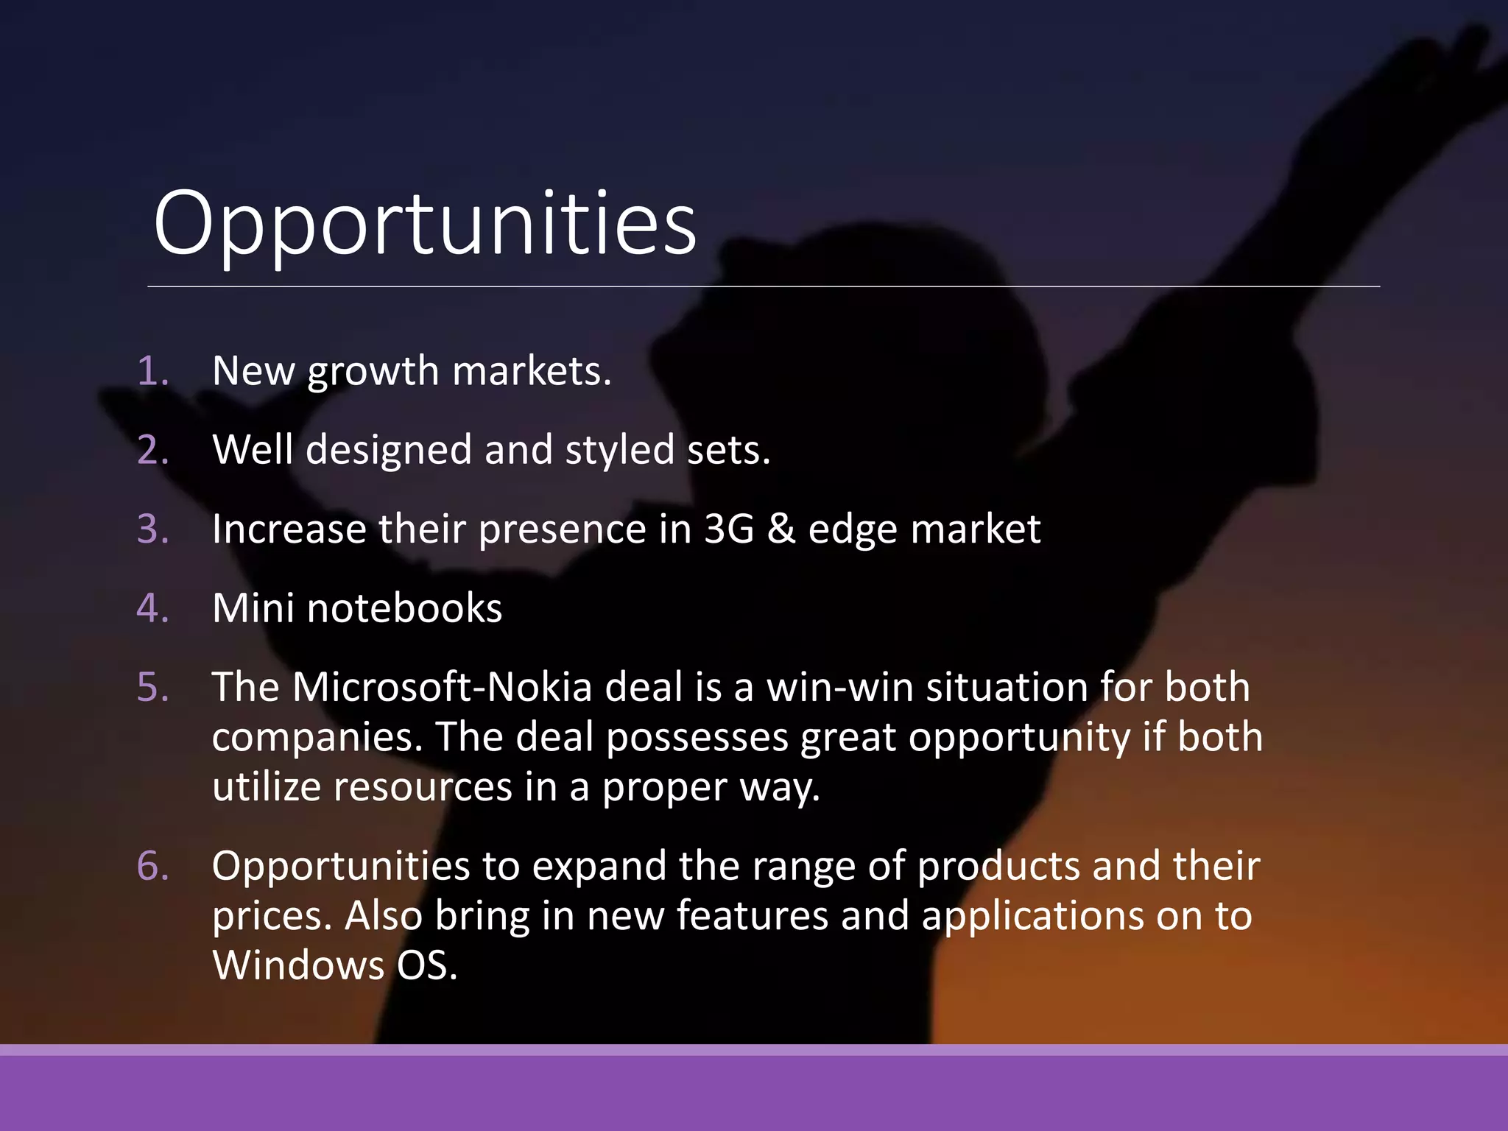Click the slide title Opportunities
click(425, 224)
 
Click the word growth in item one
click(373, 372)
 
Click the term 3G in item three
click(729, 529)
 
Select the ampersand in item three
click(781, 529)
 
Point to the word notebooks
click(404, 608)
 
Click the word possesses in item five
click(697, 737)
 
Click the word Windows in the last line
click(298, 965)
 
